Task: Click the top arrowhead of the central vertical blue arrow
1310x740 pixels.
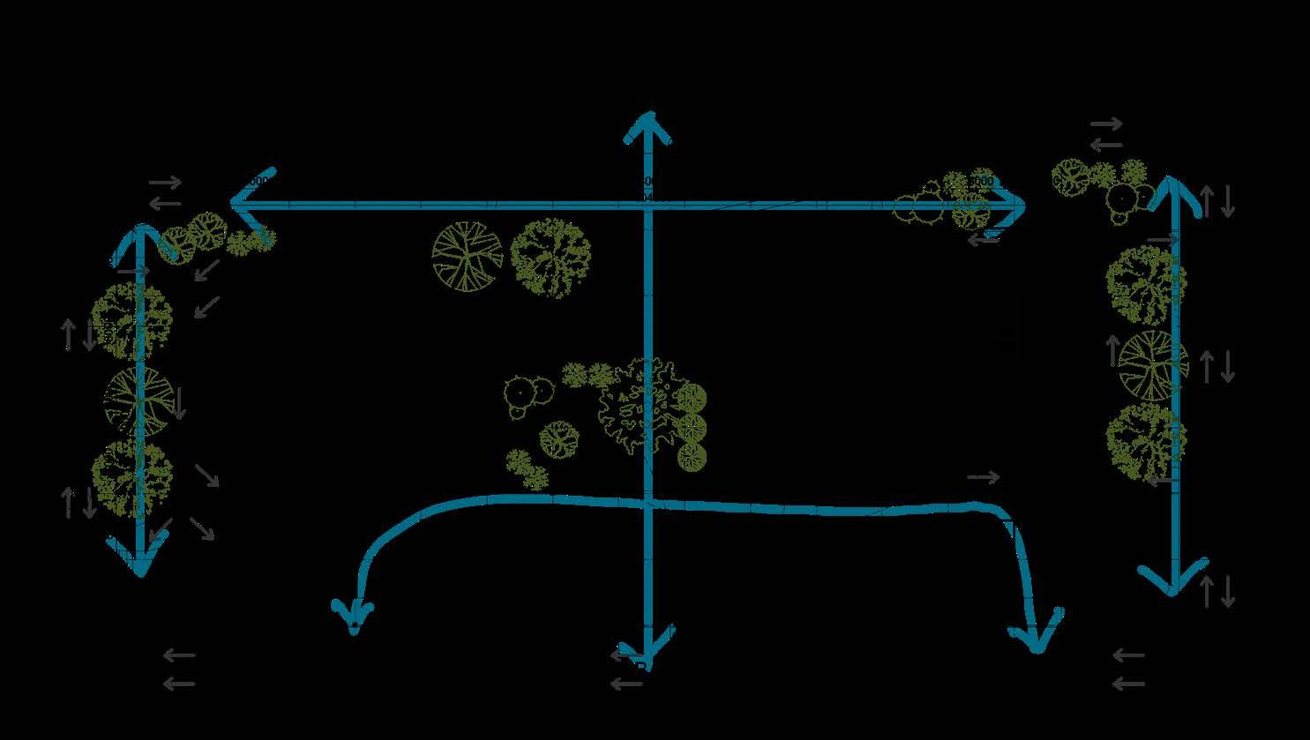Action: pyautogui.click(x=648, y=123)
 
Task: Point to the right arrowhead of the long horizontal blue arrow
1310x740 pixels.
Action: pyautogui.click(x=1014, y=206)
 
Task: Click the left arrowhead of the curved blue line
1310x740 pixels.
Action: pyautogui.click(x=353, y=617)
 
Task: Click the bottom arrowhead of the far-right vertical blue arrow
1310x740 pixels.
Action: pyautogui.click(x=1173, y=582)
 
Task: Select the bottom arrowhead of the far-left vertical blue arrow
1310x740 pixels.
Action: pyautogui.click(x=140, y=564)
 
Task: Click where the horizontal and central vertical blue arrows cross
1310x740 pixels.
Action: pyautogui.click(x=648, y=206)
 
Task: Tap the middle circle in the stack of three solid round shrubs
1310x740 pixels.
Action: pyautogui.click(x=692, y=428)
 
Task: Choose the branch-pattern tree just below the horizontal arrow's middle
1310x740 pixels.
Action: pyautogui.click(x=467, y=256)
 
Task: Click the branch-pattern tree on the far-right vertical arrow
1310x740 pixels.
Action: pyautogui.click(x=1152, y=365)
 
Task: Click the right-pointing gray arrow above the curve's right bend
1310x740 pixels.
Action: pyautogui.click(x=984, y=477)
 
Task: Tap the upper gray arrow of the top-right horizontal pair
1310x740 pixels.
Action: pyautogui.click(x=1106, y=124)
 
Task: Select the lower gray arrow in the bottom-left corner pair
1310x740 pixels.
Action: pyautogui.click(x=179, y=684)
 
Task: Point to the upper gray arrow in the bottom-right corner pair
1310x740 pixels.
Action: pyautogui.click(x=1128, y=656)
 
